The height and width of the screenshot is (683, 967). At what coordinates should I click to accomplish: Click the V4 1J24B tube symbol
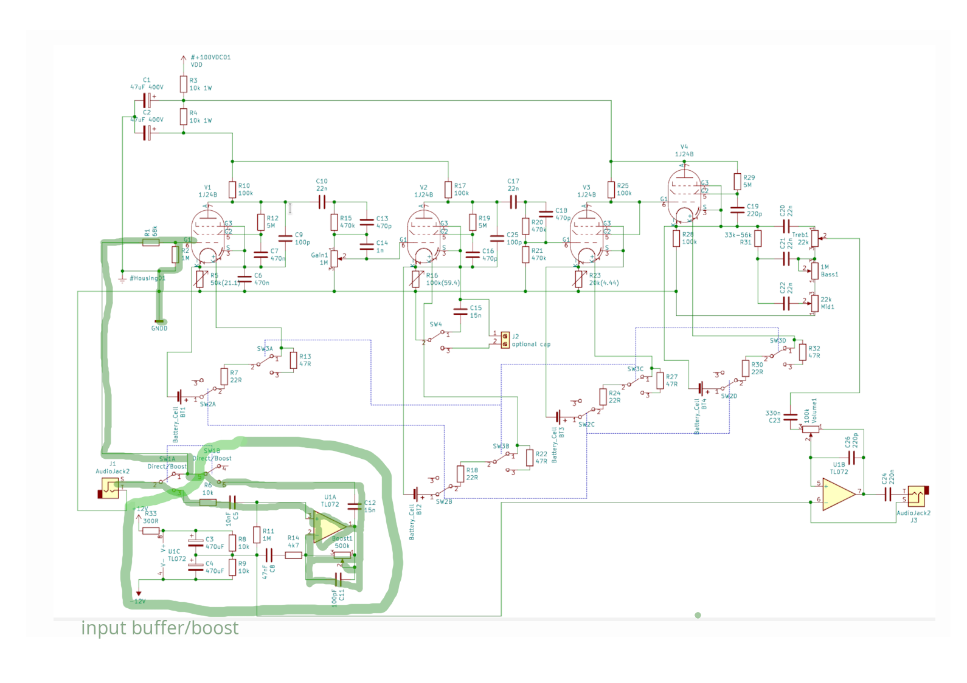(x=684, y=195)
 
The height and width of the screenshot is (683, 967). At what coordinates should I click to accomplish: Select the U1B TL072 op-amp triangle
(x=839, y=494)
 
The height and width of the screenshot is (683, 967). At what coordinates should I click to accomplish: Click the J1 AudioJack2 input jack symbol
(x=110, y=488)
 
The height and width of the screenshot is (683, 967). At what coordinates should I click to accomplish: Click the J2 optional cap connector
(x=505, y=338)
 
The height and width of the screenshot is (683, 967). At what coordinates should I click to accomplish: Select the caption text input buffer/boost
(x=159, y=628)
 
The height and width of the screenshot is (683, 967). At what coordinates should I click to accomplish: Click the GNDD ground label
(x=159, y=328)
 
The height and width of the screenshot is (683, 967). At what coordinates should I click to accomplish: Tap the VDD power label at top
(x=196, y=64)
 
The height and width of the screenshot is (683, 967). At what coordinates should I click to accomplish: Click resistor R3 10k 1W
(x=183, y=84)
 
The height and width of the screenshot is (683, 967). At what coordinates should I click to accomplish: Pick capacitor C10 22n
(x=322, y=202)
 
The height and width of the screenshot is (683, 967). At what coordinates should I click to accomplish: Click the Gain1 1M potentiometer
(x=334, y=259)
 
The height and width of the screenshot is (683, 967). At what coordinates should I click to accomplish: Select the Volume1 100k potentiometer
(x=810, y=428)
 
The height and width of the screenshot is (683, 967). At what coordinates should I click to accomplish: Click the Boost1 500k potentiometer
(x=342, y=554)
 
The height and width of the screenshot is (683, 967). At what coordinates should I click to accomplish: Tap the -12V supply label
(x=138, y=601)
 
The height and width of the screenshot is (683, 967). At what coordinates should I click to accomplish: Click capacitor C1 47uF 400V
(x=147, y=100)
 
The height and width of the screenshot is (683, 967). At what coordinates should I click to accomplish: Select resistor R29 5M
(x=737, y=181)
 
